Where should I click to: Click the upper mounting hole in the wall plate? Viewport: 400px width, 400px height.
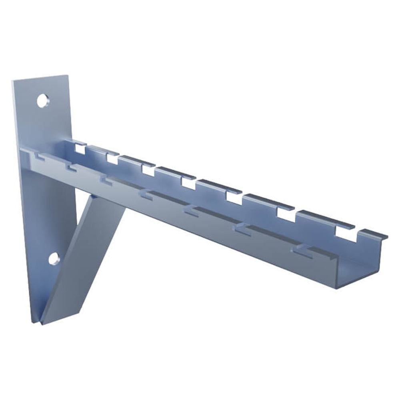point(42,100)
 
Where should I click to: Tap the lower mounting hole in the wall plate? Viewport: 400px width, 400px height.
point(54,259)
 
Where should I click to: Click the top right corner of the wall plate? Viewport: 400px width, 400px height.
point(68,76)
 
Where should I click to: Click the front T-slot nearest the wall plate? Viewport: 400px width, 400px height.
point(38,155)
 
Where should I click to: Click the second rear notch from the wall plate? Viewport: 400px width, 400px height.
point(112,159)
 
